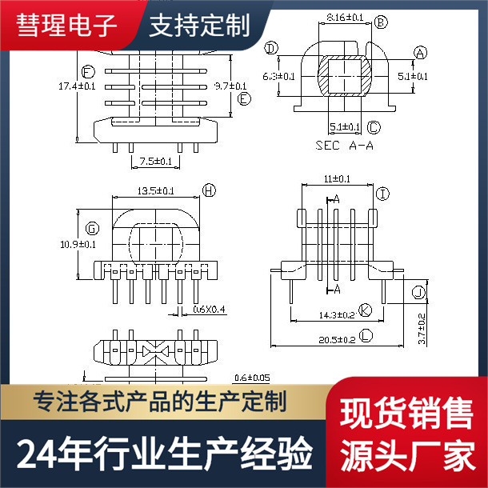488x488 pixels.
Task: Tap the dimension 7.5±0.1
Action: click(156, 161)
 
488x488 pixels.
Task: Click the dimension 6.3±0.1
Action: click(278, 76)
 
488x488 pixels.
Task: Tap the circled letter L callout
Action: click(366, 339)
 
